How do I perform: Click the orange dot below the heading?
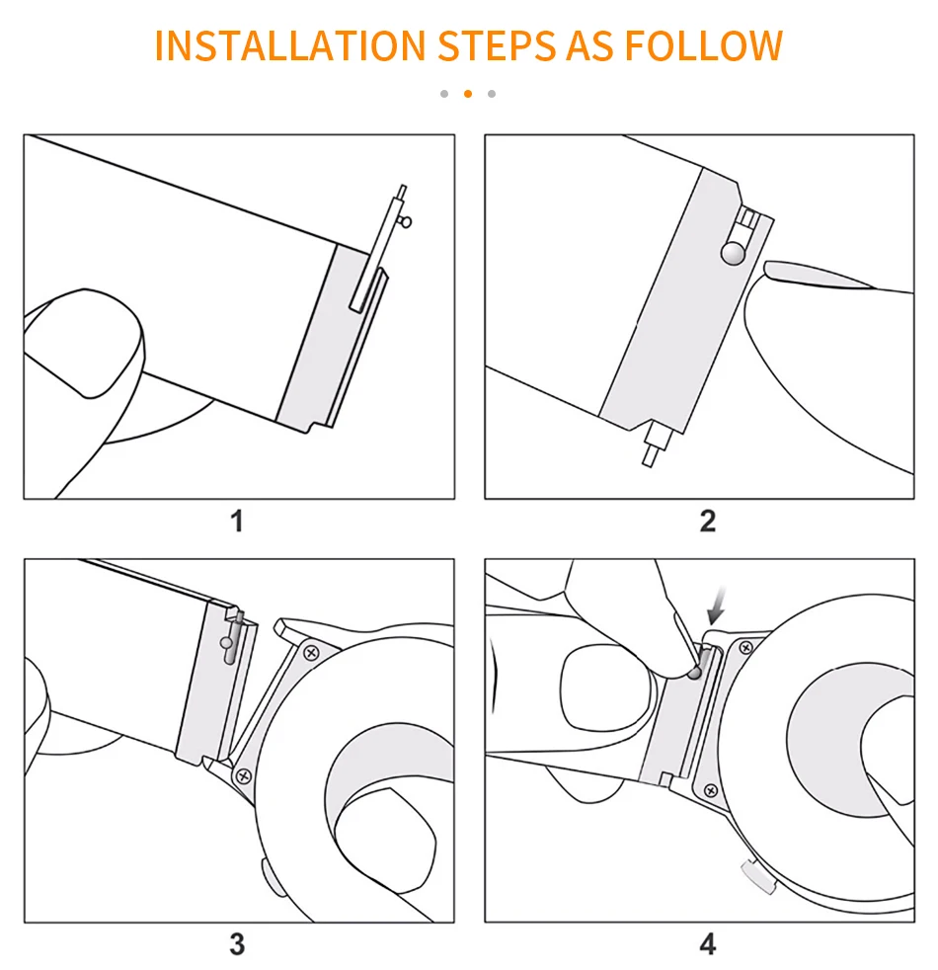pos(468,94)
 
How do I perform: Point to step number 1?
pos(237,521)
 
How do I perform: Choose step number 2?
pos(707,521)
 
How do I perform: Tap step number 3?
pos(237,943)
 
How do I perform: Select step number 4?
pos(707,943)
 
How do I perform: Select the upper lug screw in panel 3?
pos(311,652)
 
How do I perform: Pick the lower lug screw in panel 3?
pos(243,776)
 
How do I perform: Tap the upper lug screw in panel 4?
pos(745,647)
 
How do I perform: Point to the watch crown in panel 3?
pos(267,873)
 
